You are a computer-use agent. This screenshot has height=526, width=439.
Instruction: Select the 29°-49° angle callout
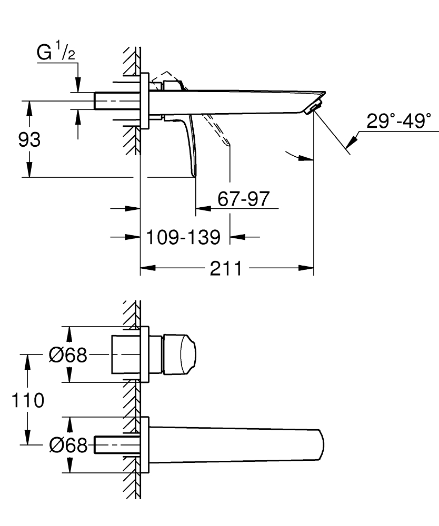398,122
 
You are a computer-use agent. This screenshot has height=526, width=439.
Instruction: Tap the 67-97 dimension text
243,199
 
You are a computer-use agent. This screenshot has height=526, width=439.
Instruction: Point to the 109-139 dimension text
183,238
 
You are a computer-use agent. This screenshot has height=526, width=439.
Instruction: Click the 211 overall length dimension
226,269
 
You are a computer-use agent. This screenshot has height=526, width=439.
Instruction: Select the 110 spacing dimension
27,400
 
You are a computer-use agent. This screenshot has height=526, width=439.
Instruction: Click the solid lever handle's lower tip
193,173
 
